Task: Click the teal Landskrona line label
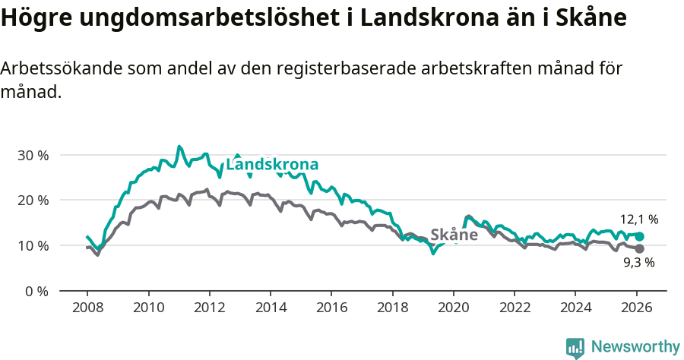[x=272, y=165]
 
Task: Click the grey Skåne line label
[x=454, y=235]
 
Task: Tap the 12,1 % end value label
[x=640, y=219]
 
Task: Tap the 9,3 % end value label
[x=638, y=263]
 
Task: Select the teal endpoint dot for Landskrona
[x=640, y=236]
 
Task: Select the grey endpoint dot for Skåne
[x=640, y=249]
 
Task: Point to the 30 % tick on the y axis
[x=33, y=155]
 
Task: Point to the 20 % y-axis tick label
[x=33, y=201]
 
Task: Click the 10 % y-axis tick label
[x=33, y=246]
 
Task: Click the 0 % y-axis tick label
[x=36, y=292]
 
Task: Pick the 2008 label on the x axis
[x=87, y=308]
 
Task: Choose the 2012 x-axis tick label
[x=209, y=308]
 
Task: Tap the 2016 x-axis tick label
[x=331, y=308]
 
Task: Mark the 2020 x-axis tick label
[x=453, y=308]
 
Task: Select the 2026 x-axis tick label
[x=636, y=308]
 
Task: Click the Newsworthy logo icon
[x=575, y=348]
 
